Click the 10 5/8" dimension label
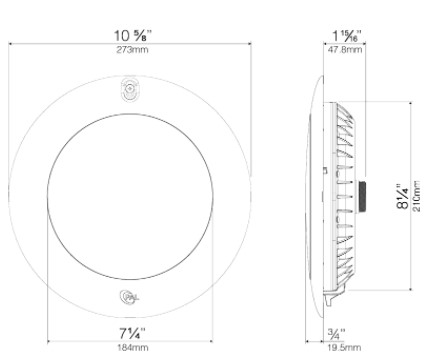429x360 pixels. click(133, 35)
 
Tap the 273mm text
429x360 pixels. click(132, 50)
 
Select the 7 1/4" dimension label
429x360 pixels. click(132, 333)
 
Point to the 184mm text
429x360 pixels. click(132, 348)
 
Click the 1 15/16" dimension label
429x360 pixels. click(347, 36)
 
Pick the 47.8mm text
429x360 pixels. click(345, 50)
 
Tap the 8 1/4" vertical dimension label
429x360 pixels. click(402, 196)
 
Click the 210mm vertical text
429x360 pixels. click(417, 196)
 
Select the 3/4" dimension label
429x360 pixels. click(336, 334)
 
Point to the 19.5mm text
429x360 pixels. click(344, 348)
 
